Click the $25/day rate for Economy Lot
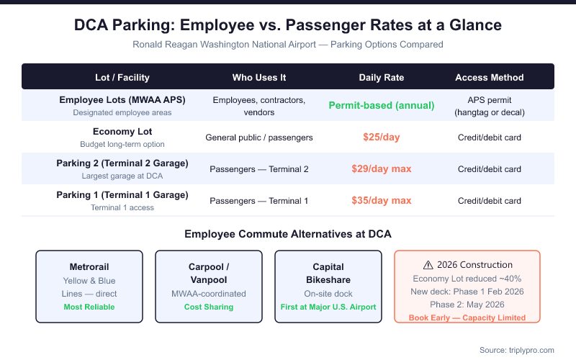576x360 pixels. tap(381, 137)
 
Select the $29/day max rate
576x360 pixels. tap(381, 169)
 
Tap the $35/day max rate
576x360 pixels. tap(381, 201)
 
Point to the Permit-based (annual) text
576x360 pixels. tap(381, 105)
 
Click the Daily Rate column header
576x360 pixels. tap(381, 77)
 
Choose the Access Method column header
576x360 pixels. tap(490, 77)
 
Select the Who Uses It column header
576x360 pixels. tap(258, 77)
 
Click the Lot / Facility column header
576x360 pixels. tap(122, 77)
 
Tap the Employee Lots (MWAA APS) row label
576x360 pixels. tap(122, 100)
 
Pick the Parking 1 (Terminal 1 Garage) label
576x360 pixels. tap(122, 195)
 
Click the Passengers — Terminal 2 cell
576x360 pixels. tap(258, 169)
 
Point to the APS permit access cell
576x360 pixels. tap(490, 105)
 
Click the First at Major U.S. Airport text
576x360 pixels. tap(328, 307)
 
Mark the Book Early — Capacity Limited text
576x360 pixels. tap(467, 318)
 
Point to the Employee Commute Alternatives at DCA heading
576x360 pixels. tap(288, 234)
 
